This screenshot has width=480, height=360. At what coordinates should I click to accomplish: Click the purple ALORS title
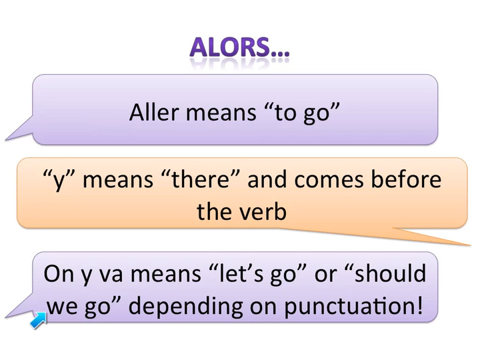tap(239, 47)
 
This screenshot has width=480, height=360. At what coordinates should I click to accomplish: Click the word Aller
tap(154, 112)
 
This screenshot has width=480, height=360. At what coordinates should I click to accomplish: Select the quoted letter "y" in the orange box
tap(60, 180)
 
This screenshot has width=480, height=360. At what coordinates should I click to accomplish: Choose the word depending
tap(186, 306)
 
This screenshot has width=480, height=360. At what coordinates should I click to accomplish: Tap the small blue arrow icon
tap(39, 320)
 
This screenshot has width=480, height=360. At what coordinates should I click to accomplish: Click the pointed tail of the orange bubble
tap(470, 245)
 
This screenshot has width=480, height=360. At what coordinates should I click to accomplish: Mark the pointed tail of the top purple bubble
tap(5, 140)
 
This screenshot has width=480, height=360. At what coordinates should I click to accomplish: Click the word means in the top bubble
tap(221, 113)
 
